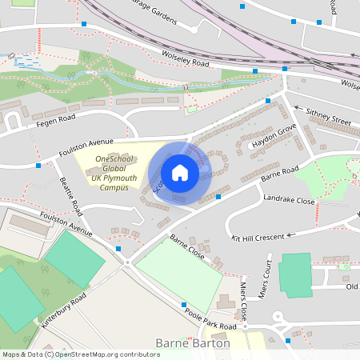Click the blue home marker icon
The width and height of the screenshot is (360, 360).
pos(179,173)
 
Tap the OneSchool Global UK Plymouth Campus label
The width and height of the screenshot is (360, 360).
pos(114,173)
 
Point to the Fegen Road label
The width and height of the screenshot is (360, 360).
pos(54,121)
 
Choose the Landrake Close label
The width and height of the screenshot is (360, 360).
pos(289,201)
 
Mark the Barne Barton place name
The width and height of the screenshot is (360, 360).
pos(194,343)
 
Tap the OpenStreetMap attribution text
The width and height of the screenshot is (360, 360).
pos(80,354)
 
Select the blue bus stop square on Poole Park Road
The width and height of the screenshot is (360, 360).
pos(185,305)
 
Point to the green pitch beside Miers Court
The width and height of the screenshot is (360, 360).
pos(294,275)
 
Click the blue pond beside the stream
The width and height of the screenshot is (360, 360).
pos(26,60)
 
